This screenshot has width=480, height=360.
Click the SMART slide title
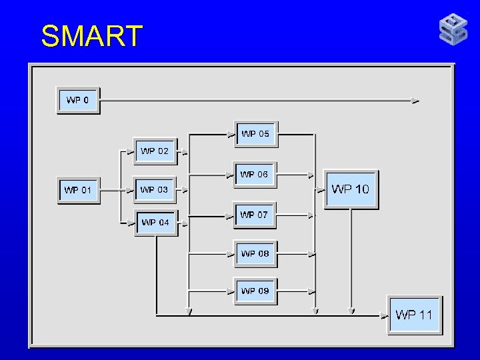[x=92, y=36]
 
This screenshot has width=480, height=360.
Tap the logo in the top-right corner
[x=453, y=30]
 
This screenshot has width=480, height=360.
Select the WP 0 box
[x=79, y=101]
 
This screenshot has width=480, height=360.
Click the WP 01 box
[x=78, y=190]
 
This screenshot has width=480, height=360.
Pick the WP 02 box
[x=155, y=151]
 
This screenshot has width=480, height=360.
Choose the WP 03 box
[x=155, y=190]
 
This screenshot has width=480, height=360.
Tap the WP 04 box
[x=156, y=222]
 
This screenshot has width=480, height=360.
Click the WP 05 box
[x=255, y=134]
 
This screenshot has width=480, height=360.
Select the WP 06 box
[x=254, y=175]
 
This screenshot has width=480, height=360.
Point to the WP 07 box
[x=254, y=215]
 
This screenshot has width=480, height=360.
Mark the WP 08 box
[x=255, y=253]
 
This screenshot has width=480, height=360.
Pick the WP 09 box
[x=255, y=291]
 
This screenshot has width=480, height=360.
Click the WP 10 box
[x=351, y=189]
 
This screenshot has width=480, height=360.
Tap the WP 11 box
[x=414, y=315]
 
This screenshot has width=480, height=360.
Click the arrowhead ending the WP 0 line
[x=416, y=101]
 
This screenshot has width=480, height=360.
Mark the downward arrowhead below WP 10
[x=351, y=310]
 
